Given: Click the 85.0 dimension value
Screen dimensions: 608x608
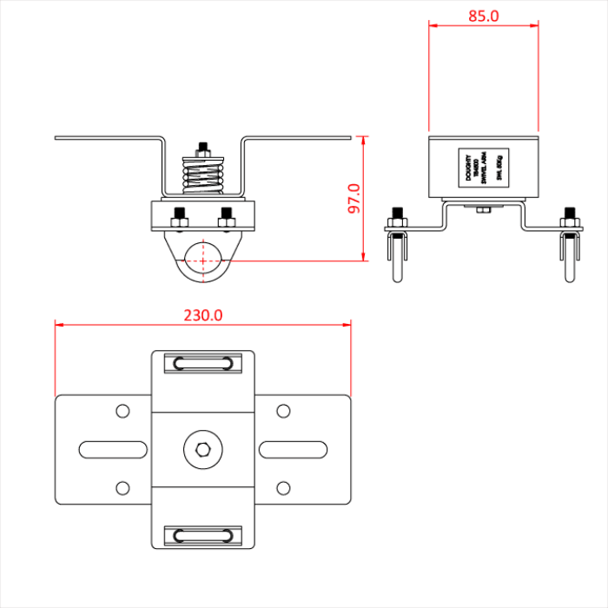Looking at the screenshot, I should tap(484, 16).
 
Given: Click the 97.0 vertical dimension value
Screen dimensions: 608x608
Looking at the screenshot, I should tap(354, 199).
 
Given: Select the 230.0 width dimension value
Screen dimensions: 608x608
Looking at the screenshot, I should tap(203, 315).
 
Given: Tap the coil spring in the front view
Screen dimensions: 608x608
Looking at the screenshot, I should tap(203, 178).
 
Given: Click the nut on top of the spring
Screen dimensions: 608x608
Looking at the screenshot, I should tap(203, 149).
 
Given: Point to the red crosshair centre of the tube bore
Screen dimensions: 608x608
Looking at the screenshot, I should tap(203, 258).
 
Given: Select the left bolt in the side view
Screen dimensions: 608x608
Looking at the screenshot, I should tap(397, 219).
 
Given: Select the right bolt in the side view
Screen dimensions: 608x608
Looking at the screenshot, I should tap(571, 219).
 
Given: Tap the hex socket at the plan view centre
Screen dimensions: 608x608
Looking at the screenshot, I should tap(203, 449).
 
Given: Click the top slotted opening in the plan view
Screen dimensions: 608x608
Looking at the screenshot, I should tap(203, 364).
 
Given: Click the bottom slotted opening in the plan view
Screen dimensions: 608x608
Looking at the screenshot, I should tap(203, 534).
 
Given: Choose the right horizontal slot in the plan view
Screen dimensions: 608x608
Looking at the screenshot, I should tap(293, 449).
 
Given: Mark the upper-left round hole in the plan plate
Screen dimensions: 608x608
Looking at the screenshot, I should tap(123, 410).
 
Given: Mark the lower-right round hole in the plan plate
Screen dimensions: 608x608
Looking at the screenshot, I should tap(283, 487).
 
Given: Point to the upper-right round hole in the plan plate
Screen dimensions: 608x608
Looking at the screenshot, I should tap(283, 410).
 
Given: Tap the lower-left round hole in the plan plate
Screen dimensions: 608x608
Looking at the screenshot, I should tap(123, 487).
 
